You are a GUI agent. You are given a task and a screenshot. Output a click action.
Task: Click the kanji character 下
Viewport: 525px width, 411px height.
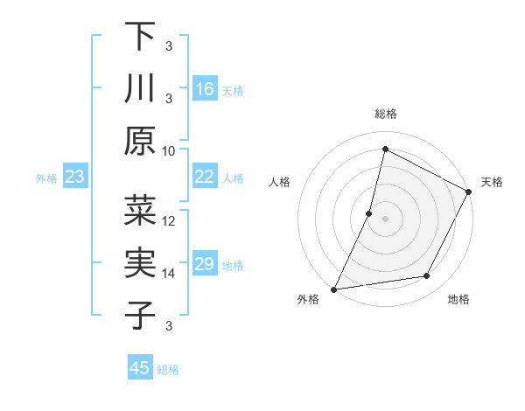coord(140,37)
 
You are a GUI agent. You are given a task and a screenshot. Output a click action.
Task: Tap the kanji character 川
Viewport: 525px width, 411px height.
coord(140,88)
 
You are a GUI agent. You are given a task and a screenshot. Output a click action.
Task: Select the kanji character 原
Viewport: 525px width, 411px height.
coord(140,140)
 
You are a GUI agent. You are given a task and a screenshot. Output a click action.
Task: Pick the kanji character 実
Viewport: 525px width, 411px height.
coord(140,263)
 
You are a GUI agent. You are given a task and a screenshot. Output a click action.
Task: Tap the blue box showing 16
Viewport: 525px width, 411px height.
coord(205,88)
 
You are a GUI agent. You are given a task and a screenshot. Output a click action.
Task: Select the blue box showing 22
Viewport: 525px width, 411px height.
coord(205,178)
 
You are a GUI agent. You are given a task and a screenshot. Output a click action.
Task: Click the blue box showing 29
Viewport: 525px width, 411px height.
coord(205,265)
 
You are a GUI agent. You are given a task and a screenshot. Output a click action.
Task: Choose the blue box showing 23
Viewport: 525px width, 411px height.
coord(75,178)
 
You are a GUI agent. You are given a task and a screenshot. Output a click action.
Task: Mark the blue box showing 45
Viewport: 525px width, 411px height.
coord(140,368)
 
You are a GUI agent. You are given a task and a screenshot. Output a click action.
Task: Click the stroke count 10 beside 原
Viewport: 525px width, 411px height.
coord(169,150)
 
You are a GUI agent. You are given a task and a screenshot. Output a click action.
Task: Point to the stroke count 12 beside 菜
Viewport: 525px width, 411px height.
coord(169,220)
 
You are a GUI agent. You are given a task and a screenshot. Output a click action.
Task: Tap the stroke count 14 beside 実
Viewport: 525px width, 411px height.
coord(169,274)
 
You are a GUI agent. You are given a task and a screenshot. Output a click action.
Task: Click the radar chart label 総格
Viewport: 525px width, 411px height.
coord(386,114)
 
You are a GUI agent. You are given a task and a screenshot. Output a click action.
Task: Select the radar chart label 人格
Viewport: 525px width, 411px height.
coord(280,182)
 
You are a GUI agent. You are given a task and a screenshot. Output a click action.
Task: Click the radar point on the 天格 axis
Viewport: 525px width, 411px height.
coord(469,192)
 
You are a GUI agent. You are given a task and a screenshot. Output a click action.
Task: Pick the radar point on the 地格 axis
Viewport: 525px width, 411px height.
coord(427,276)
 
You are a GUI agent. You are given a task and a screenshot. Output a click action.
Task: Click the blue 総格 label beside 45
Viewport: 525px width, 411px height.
coord(169,370)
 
